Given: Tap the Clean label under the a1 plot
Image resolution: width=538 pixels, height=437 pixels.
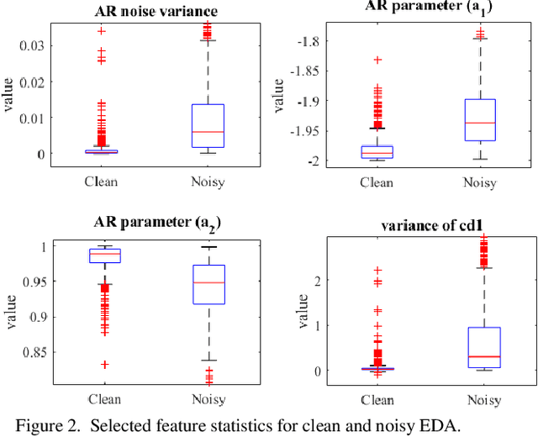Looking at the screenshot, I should [377, 182].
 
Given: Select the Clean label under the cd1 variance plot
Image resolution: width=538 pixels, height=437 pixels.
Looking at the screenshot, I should [377, 398].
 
